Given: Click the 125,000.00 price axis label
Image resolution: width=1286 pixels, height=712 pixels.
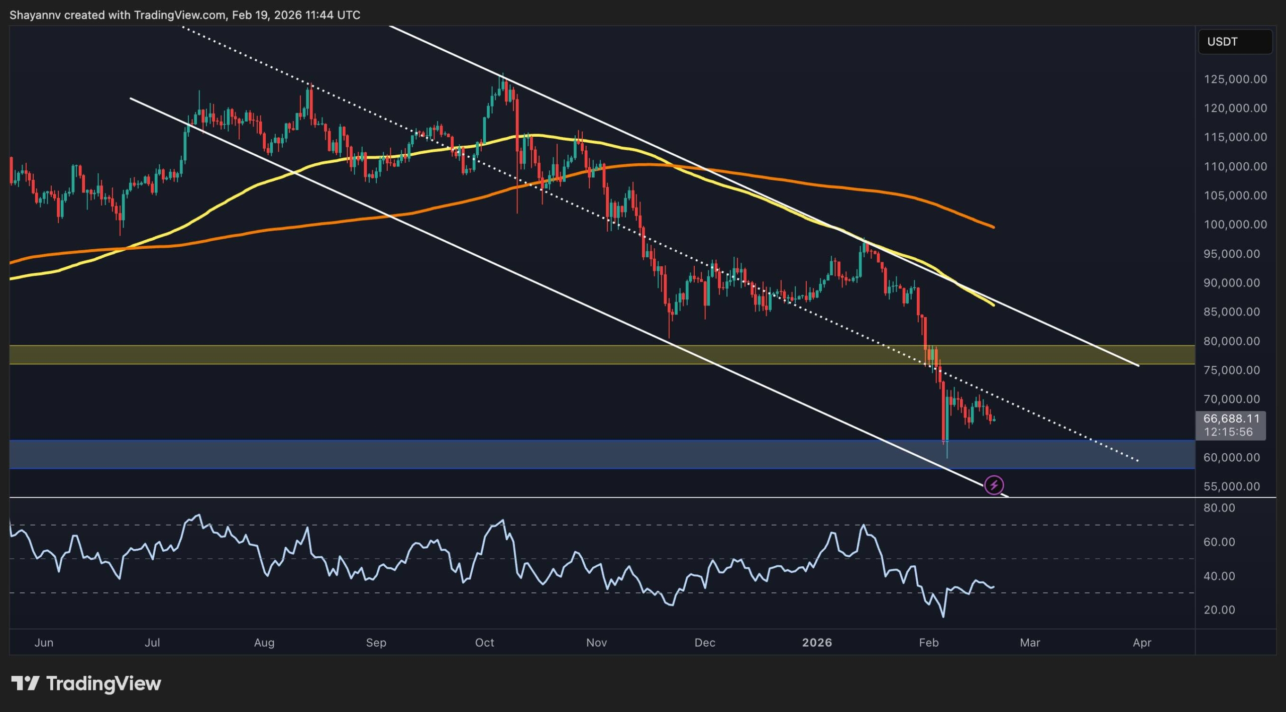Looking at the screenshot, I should pos(1235,79).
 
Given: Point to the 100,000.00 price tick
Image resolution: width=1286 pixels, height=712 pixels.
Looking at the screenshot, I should pos(1235,225).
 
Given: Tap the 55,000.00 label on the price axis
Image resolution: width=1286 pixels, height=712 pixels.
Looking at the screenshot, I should pos(1231,486).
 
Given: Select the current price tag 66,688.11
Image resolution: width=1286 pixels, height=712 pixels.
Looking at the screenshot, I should pos(1231,419).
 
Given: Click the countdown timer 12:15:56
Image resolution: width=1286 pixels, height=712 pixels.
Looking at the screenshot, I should pos(1228,432).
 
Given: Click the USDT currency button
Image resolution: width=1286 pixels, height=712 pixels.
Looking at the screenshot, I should pos(1235,42).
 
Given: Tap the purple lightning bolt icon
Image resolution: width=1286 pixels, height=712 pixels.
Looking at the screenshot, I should pos(994,485).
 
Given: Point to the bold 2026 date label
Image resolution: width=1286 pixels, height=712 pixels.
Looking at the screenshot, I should pos(817,643).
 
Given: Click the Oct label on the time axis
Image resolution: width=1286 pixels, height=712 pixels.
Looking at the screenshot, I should pos(484,643).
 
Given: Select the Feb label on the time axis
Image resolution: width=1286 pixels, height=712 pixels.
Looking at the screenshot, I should pos(928,643).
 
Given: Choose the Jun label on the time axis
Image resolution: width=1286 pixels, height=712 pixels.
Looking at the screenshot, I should pos(44,643).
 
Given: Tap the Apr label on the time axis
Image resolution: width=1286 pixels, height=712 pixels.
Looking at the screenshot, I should pos(1142,643).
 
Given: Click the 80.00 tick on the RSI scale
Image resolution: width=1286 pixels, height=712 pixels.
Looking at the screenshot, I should pos(1219,508).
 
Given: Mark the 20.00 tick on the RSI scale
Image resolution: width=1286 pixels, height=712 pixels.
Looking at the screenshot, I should pos(1219,610).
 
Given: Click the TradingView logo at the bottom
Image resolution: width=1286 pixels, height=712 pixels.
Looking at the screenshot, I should pos(86,683).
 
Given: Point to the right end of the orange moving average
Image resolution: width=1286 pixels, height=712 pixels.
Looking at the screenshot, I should pos(993,227).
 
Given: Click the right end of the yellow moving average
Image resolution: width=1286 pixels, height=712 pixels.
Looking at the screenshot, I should pos(993,305).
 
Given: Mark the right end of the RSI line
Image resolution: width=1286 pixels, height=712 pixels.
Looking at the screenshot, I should pos(993,586).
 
